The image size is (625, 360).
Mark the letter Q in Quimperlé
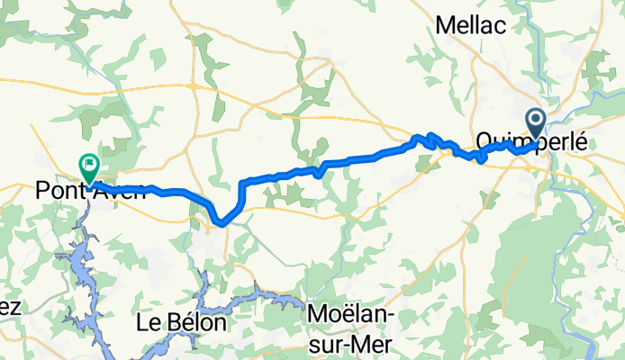[x=483, y=141]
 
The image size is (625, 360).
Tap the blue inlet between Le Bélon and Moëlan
[x=243, y=293]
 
